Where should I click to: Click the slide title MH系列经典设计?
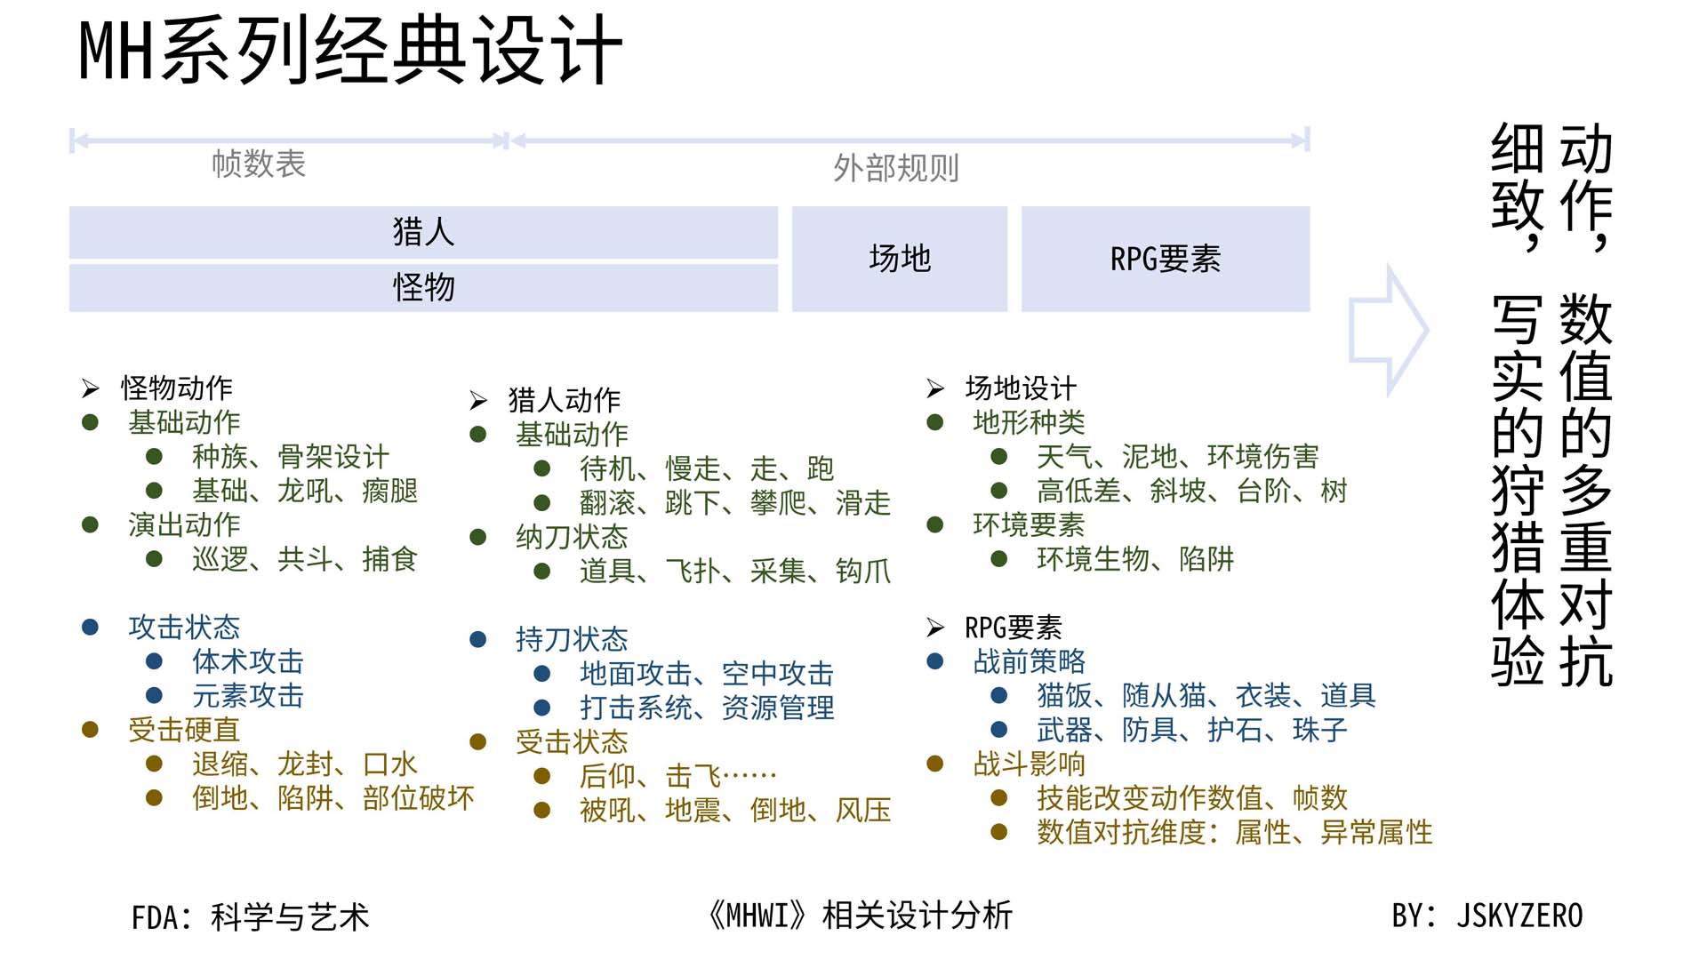click(350, 52)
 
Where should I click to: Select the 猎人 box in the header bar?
click(423, 232)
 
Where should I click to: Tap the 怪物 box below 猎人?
click(423, 287)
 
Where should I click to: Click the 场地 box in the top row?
click(899, 259)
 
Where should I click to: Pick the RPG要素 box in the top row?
click(1165, 259)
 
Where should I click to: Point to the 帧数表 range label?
click(259, 164)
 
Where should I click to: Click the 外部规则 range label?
click(895, 168)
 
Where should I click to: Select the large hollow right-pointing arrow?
click(1387, 330)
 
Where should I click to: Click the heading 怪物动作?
click(176, 388)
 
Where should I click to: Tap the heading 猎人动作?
click(564, 400)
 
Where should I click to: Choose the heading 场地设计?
click(1020, 388)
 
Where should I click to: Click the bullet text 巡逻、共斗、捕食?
click(304, 559)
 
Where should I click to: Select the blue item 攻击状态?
click(184, 628)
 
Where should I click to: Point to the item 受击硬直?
click(184, 730)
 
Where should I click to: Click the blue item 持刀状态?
click(572, 639)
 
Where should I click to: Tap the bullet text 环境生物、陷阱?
click(1134, 559)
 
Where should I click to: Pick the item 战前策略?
click(1029, 661)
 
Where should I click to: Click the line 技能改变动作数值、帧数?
click(1191, 798)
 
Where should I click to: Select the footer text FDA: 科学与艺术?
click(250, 917)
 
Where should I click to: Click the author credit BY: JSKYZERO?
click(1487, 916)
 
